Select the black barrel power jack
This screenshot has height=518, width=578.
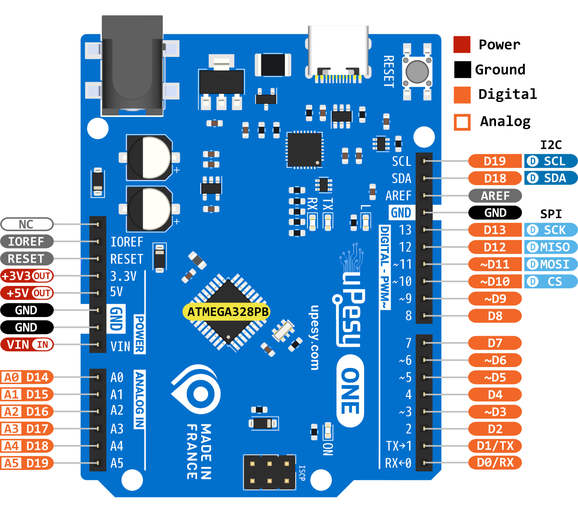point(132,67)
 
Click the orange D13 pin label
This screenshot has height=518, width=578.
point(495,230)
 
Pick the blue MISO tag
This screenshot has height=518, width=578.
point(551,247)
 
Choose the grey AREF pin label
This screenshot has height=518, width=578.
point(495,196)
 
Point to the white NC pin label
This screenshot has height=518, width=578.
point(27,224)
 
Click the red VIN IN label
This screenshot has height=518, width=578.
point(27,345)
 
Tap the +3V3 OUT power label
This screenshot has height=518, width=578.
point(27,276)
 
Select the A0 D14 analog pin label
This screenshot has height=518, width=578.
point(27,377)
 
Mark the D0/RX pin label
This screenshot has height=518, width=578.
point(495,462)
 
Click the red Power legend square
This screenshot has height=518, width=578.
point(462,44)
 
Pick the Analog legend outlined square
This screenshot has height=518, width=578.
point(462,122)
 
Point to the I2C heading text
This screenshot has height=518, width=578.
point(551,145)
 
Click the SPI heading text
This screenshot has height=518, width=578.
point(551,214)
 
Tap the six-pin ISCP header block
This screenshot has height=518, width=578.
point(269,472)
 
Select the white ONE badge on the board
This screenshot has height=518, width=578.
point(350,391)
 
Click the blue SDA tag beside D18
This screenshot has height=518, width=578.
point(551,178)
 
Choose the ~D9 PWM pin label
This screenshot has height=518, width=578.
point(495,299)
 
